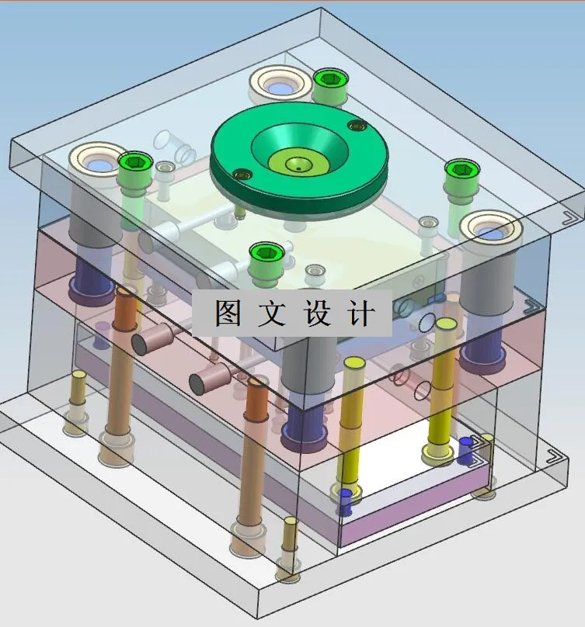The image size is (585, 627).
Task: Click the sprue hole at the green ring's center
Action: (x=297, y=164)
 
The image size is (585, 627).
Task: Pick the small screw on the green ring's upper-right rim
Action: (x=357, y=125)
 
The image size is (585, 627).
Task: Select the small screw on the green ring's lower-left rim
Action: (x=241, y=174)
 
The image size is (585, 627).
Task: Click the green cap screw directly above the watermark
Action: (x=264, y=254)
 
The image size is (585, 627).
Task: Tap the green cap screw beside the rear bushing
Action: (x=329, y=80)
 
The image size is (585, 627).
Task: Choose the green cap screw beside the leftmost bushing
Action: (x=134, y=163)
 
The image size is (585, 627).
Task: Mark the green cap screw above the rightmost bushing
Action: (x=460, y=171)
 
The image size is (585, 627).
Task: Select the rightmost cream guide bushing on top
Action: (x=488, y=230)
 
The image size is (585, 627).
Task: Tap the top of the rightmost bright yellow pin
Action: (x=445, y=322)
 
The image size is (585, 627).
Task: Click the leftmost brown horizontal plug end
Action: (x=145, y=341)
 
